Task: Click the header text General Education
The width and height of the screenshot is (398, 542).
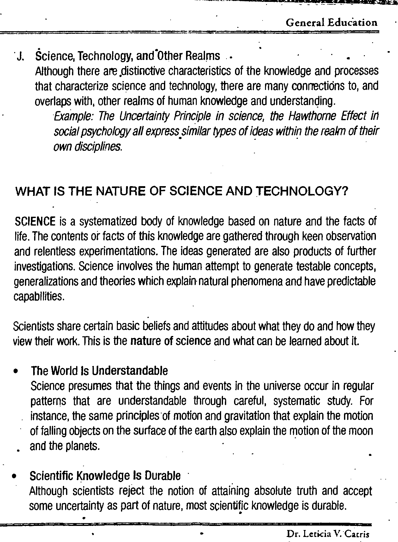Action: click(x=331, y=23)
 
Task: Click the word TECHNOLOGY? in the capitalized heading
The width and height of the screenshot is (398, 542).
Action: click(x=304, y=191)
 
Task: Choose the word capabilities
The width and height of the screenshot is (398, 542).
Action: click(x=39, y=297)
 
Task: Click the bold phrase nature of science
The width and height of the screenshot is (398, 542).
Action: click(x=171, y=341)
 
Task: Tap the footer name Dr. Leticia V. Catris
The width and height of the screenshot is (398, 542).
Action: click(x=328, y=534)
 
